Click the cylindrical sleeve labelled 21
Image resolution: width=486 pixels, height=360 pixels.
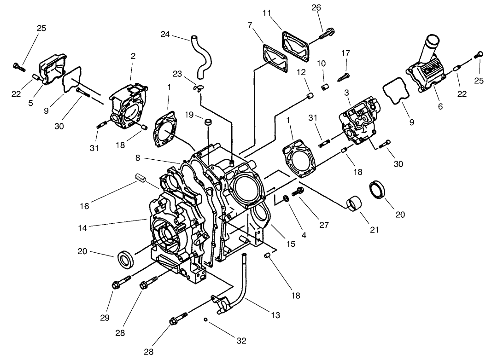(354, 203)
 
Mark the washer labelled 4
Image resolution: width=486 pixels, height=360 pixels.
(286, 198)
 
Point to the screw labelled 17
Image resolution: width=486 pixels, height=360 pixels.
(344, 75)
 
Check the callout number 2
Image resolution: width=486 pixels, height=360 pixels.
(133, 56)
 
